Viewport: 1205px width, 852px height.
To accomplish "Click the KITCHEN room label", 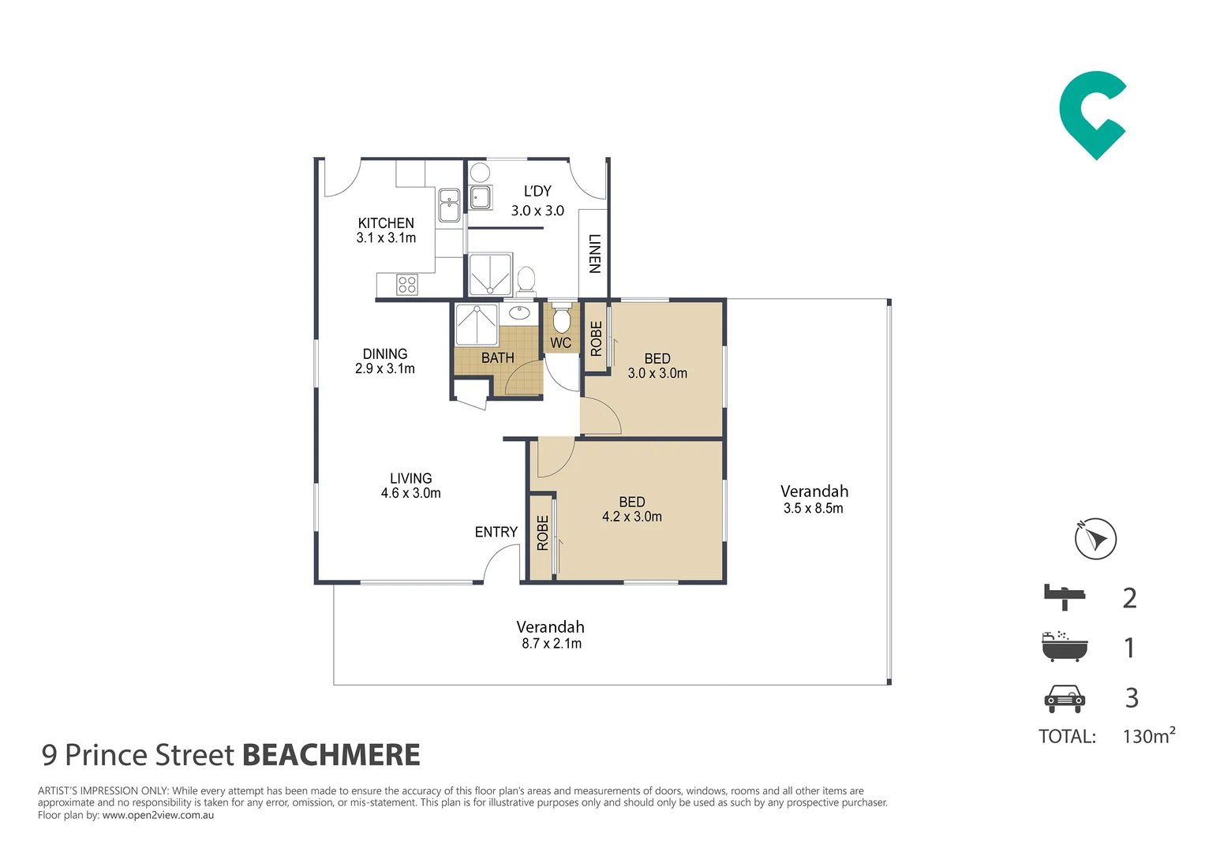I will (x=386, y=223).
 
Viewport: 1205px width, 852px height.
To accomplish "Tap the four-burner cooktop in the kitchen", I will (x=407, y=284).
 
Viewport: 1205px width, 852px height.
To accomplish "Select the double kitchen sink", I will (x=449, y=205).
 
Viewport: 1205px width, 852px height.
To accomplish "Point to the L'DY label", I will (x=537, y=192).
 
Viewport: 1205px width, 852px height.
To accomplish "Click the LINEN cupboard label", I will (x=594, y=253).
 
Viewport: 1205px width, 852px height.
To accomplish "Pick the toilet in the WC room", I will (x=561, y=319).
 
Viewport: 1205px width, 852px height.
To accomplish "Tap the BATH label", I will (x=498, y=358).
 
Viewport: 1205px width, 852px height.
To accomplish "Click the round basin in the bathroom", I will (x=519, y=312).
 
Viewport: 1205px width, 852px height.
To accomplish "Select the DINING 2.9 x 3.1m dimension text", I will (x=385, y=368).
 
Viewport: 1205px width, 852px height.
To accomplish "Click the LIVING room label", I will (x=411, y=479).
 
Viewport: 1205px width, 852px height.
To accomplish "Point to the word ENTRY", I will (x=496, y=532).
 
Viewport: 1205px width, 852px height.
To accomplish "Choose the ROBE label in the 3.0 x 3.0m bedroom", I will (x=597, y=338).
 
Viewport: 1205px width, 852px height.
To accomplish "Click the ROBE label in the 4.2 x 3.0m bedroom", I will (x=543, y=532).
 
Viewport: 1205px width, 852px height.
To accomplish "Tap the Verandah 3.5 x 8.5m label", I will (x=814, y=499).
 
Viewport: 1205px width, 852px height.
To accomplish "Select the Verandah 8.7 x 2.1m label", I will (x=551, y=635).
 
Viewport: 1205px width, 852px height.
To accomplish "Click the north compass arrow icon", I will (x=1095, y=539).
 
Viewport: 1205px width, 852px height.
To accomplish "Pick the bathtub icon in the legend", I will (x=1064, y=646).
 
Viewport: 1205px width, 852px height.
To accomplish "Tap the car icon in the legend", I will (x=1065, y=698).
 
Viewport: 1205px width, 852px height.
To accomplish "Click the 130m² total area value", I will (x=1148, y=736).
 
